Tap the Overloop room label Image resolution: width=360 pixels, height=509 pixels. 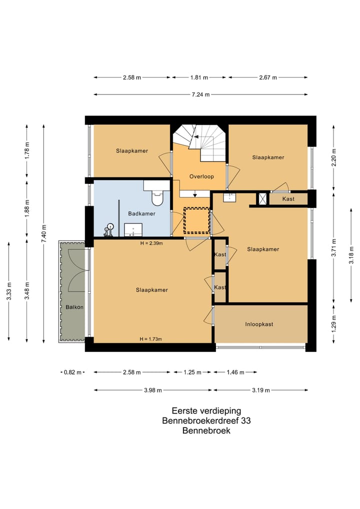click(201, 176)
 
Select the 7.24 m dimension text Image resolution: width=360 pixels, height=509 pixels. click(200, 95)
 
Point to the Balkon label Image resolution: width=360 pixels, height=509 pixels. click(74, 307)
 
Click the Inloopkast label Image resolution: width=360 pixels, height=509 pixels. click(259, 324)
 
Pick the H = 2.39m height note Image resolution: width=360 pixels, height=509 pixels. click(151, 243)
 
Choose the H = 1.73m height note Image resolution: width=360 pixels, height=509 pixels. click(150, 339)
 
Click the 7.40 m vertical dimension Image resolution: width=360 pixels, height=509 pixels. click(44, 233)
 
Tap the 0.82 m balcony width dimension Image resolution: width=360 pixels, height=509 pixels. click(72, 372)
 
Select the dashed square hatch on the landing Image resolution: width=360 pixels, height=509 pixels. click(196, 220)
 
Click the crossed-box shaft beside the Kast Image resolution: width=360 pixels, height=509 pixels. click(262, 198)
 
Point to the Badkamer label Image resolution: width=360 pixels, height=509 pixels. click(141, 213)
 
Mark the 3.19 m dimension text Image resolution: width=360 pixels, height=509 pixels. click(261, 390)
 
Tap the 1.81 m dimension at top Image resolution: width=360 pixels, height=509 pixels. click(199, 77)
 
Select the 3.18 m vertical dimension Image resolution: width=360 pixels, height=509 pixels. click(351, 255)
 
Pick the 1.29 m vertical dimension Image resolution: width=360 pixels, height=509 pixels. click(334, 323)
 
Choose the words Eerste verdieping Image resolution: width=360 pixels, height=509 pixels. click(206, 411)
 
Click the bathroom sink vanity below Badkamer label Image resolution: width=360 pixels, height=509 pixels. click(133, 230)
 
